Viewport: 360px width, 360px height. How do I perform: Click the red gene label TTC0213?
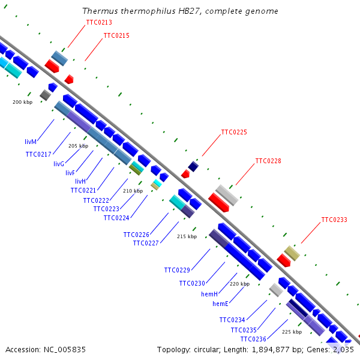click(99, 22)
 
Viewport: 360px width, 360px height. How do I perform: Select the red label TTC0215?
click(116, 35)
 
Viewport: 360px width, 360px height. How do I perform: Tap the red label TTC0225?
click(234, 132)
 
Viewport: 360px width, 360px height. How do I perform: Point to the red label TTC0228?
click(268, 161)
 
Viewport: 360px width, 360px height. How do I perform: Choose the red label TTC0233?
click(334, 220)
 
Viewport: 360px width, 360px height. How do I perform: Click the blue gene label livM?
click(31, 142)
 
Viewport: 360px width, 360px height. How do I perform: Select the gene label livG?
click(59, 164)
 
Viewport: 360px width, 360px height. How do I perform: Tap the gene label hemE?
click(221, 304)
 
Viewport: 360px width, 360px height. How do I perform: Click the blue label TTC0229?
click(177, 270)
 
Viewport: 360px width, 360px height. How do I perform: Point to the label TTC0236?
click(253, 339)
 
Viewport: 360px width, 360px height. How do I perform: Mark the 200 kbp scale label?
click(22, 102)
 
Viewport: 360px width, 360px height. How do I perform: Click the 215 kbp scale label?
click(187, 236)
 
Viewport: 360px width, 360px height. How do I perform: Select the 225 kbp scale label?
click(292, 332)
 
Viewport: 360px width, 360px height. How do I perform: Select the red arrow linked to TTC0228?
click(218, 202)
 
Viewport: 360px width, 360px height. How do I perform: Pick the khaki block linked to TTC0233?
click(292, 253)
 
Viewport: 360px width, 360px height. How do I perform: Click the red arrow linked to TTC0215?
click(69, 79)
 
